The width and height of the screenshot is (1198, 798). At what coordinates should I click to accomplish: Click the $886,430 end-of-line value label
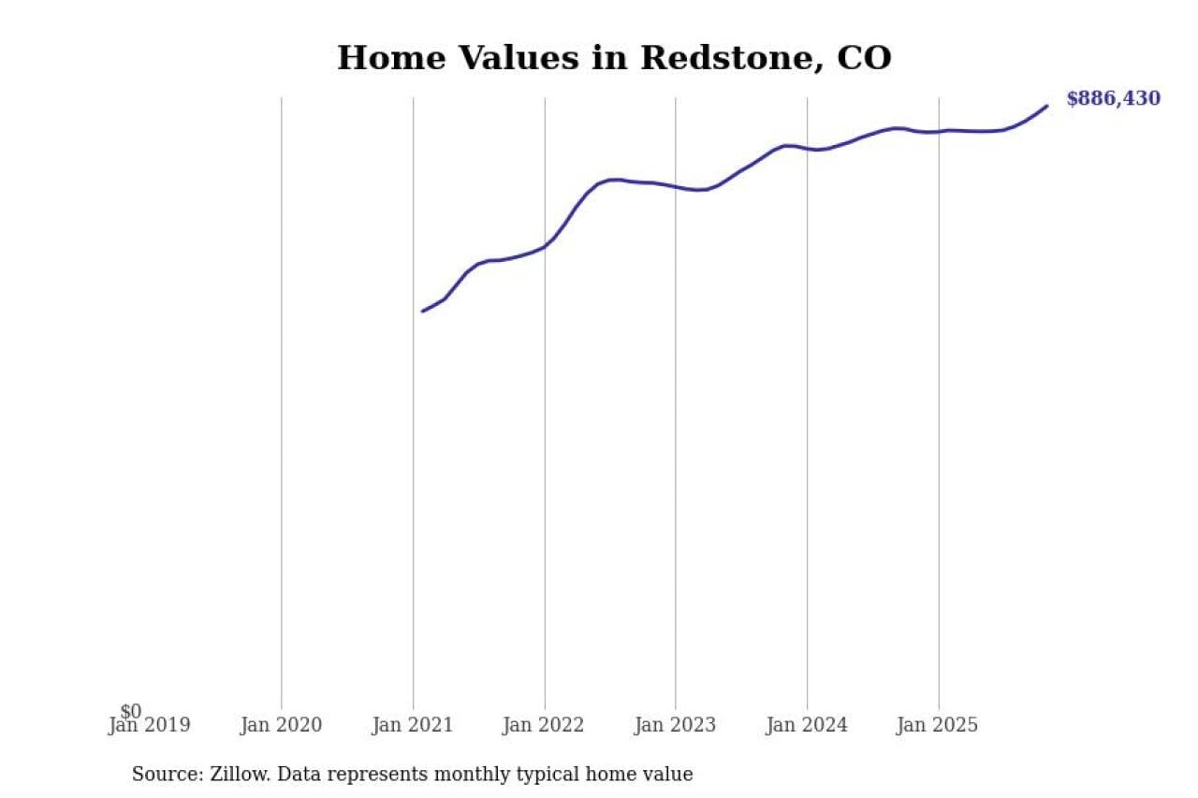(1113, 99)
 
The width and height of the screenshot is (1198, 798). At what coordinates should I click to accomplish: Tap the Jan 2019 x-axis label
(150, 725)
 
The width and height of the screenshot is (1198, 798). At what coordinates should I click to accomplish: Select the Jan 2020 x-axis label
(281, 725)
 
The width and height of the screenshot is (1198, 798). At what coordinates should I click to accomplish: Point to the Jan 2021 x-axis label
(413, 725)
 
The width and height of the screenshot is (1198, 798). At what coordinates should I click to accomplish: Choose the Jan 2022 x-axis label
(544, 725)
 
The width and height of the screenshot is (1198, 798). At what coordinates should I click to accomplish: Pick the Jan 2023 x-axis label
(675, 725)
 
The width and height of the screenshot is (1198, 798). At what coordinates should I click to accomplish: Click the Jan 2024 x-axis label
(807, 725)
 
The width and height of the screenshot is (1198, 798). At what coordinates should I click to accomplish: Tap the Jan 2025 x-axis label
(938, 725)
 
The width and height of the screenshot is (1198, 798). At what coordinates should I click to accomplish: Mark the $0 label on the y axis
(130, 712)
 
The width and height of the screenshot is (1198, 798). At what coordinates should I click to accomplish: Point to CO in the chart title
(864, 58)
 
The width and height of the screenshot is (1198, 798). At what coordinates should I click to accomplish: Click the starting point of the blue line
(423, 311)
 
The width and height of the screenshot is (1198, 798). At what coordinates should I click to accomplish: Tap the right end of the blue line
(1046, 106)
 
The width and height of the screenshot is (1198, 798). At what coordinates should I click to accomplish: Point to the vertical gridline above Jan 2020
(281, 402)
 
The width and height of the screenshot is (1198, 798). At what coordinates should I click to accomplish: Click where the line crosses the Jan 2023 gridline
(676, 187)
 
